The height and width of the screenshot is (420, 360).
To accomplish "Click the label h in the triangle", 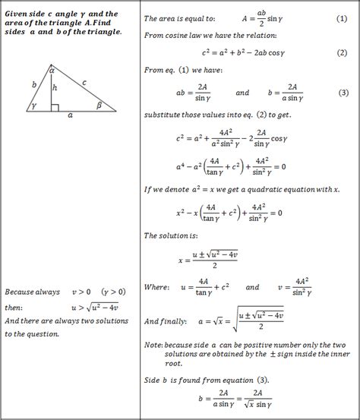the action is pyautogui.click(x=55, y=89).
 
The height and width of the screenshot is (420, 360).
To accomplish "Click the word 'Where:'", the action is pyautogui.click(x=158, y=288).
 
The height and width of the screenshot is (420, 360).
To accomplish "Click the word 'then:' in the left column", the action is pyautogui.click(x=14, y=307).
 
